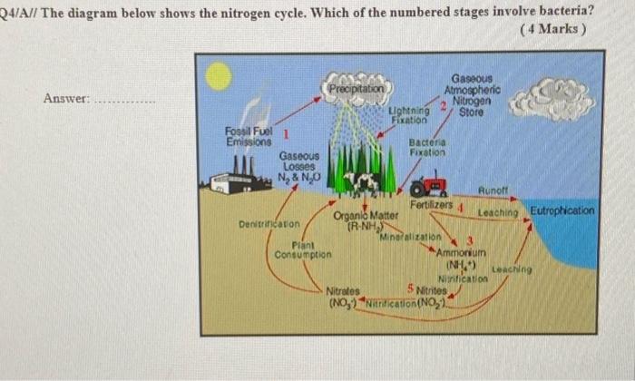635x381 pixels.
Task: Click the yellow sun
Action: point(219,76)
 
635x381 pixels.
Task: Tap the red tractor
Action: point(429,188)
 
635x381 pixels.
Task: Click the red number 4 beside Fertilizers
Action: point(461,209)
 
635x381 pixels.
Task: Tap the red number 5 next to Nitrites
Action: point(410,289)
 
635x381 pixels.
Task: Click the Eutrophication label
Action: point(563,210)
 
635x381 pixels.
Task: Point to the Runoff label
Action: point(495,192)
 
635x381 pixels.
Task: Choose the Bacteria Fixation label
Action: point(427,149)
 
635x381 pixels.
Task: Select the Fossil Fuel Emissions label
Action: point(248,137)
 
